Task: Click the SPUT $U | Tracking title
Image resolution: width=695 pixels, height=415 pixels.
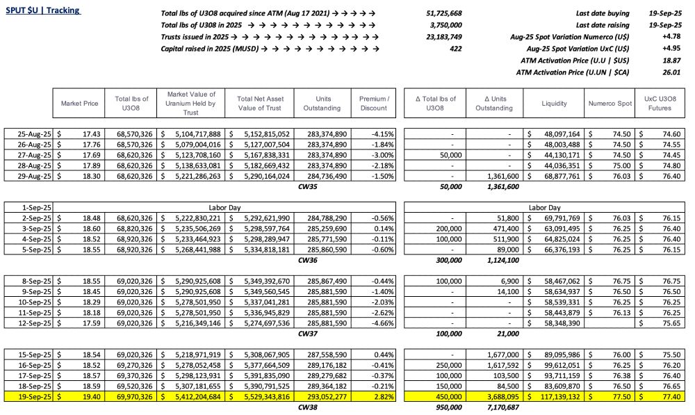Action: [43, 11]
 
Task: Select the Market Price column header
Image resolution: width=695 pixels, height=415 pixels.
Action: [79, 104]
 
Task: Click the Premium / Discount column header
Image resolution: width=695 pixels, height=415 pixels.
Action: [374, 104]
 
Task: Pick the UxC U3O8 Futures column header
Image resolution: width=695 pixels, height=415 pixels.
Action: [661, 104]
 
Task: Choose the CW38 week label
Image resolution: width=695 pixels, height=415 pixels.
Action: [307, 407]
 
